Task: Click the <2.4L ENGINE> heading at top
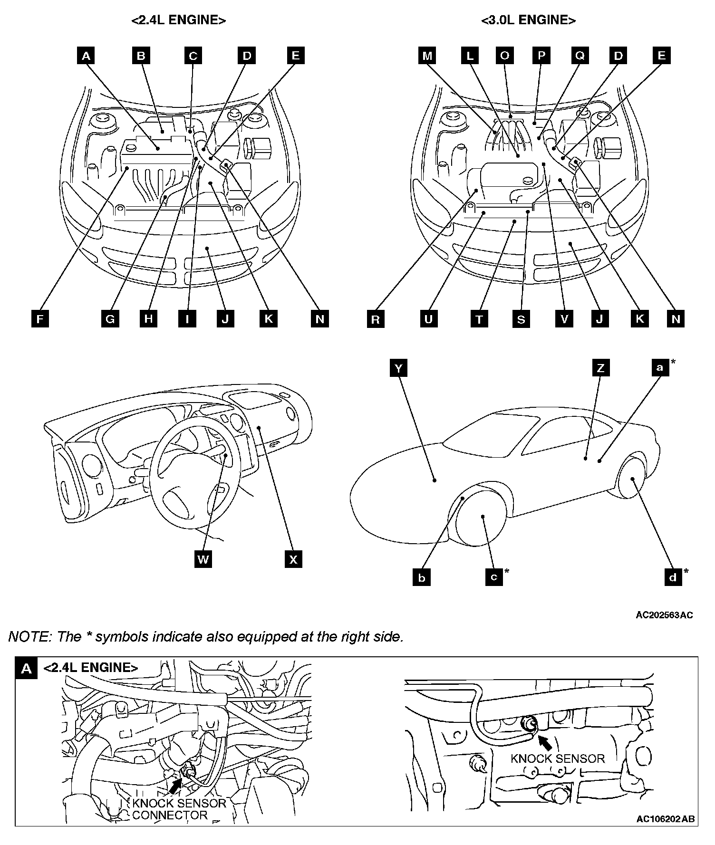(x=178, y=20)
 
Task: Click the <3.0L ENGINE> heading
(x=528, y=20)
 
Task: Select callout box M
(x=427, y=56)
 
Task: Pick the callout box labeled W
(x=203, y=559)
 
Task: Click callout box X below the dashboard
(x=293, y=559)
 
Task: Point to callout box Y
(x=398, y=368)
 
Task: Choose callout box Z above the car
(x=601, y=368)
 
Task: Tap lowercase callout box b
(x=422, y=578)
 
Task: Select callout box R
(x=376, y=319)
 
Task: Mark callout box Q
(x=580, y=56)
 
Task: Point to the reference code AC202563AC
(x=664, y=615)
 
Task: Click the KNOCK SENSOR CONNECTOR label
(x=179, y=809)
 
